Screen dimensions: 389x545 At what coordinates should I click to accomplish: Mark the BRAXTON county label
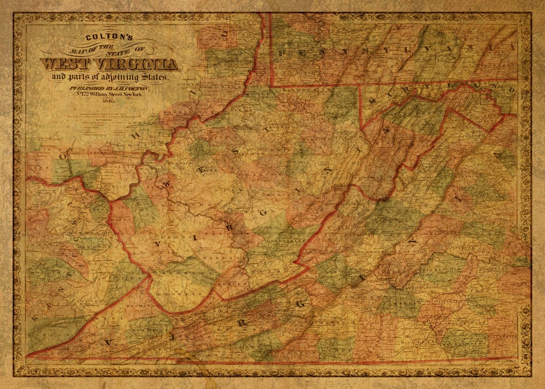click(262, 173)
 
